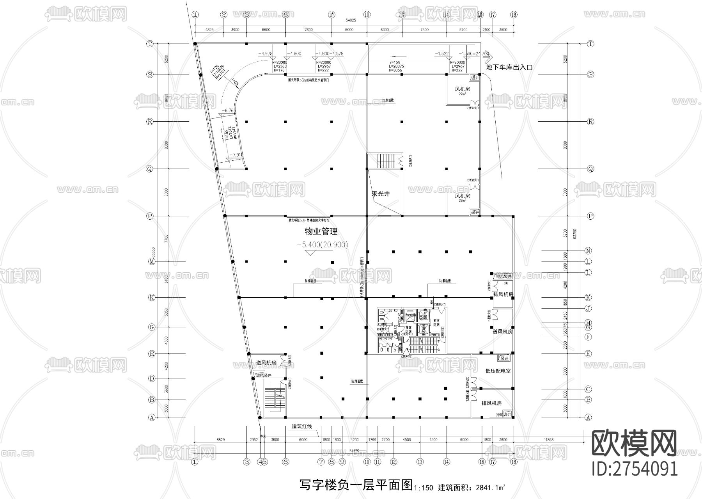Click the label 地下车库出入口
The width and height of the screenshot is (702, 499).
(509, 67)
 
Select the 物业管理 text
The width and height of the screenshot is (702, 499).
(321, 231)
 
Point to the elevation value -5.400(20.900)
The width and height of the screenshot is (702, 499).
(322, 245)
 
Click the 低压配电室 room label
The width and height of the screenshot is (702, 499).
(498, 371)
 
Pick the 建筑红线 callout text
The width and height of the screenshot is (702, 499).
(302, 426)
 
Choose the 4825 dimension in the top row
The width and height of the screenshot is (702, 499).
(209, 30)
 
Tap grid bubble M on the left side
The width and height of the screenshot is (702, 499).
(152, 261)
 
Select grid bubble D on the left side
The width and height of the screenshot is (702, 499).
(152, 378)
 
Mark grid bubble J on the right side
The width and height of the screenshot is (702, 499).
(589, 308)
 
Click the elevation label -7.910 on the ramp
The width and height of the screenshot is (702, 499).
(236, 155)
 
